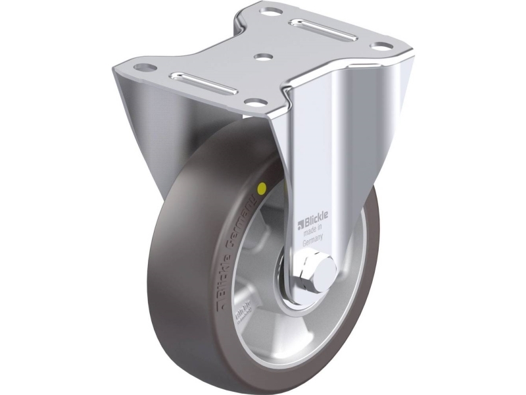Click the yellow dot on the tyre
262,189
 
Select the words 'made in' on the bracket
313,232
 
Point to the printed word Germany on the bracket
313,242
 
